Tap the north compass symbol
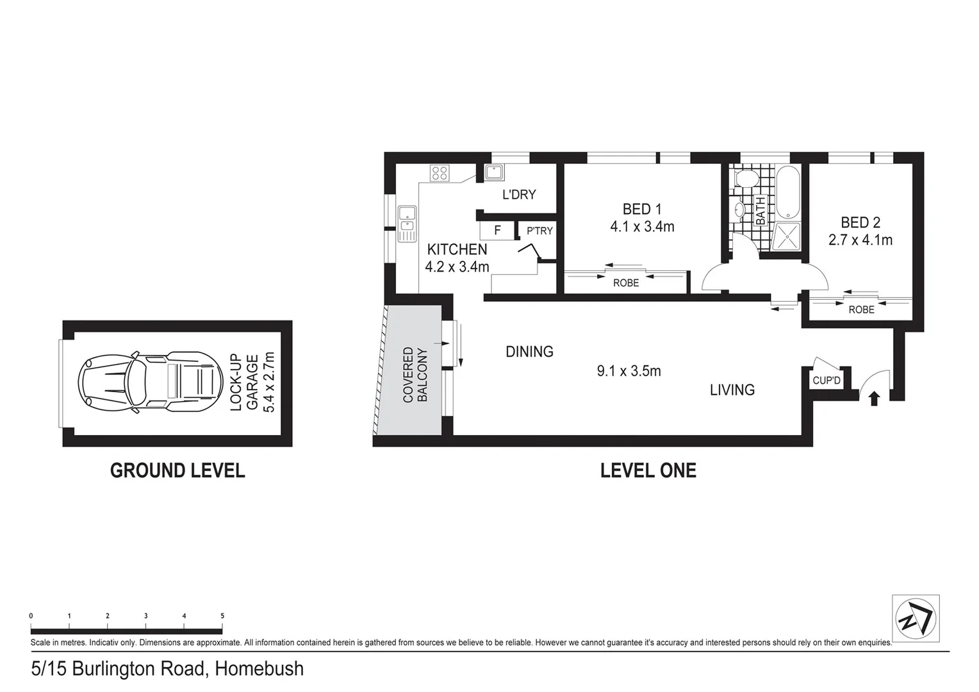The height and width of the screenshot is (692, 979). [x=916, y=619]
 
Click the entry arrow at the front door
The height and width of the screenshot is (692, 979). [x=874, y=399]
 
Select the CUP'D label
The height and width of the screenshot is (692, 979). [x=826, y=381]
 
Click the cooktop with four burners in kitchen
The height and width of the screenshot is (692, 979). [x=440, y=172]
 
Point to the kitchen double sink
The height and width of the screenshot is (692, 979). [x=407, y=224]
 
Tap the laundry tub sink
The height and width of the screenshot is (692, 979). [x=494, y=172]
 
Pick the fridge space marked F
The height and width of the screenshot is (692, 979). [x=497, y=231]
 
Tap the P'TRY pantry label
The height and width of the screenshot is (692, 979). [x=539, y=231]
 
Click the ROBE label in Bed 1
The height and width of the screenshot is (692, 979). [x=625, y=283]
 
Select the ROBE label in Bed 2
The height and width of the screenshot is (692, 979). [x=861, y=309]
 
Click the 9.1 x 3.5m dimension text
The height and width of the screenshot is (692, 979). [x=629, y=371]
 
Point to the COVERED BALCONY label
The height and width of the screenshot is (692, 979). [x=415, y=375]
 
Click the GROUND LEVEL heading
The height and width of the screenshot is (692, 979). [x=177, y=471]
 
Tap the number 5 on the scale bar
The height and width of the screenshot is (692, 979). [x=222, y=616]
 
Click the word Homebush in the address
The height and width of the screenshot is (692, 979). [x=259, y=669]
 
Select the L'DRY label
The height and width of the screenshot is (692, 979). [x=518, y=195]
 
